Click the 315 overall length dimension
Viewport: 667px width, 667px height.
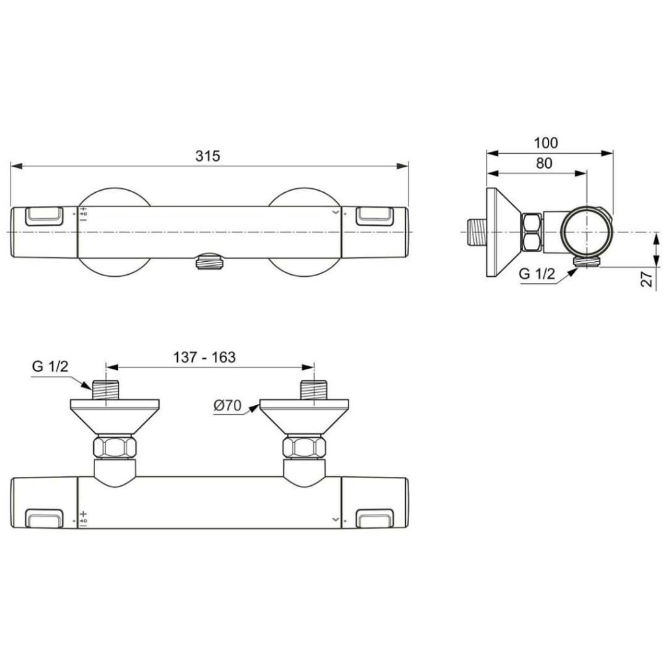[208, 156]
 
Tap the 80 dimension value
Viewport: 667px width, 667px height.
[543, 163]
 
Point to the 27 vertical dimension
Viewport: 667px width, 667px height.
[647, 279]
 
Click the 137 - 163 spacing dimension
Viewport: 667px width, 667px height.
[204, 357]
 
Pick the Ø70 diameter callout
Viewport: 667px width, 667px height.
[227, 406]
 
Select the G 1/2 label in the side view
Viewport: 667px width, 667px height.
[537, 274]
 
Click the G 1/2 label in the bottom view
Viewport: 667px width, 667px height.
[50, 366]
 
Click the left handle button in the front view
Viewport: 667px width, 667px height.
[44, 216]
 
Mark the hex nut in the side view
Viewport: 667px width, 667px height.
[532, 233]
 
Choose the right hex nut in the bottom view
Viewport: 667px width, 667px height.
[304, 447]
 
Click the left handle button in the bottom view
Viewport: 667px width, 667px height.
[44, 518]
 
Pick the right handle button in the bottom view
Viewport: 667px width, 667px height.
[375, 518]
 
